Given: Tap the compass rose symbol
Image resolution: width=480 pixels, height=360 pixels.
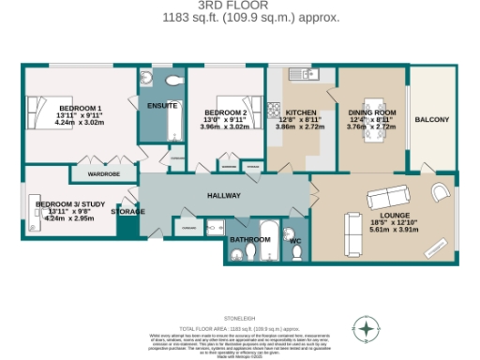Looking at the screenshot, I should tap(367, 328).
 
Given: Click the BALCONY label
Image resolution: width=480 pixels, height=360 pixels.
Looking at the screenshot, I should tap(432, 119).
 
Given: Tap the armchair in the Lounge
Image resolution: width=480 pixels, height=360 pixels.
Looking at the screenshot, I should tap(438, 191).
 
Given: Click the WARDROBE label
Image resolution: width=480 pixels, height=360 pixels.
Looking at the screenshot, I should tap(103, 174).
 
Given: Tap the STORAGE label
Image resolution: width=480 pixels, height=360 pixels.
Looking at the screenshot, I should tap(128, 212).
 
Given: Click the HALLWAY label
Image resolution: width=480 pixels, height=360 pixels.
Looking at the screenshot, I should tap(224, 195).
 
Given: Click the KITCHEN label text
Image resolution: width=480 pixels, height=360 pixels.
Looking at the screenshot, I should tap(288, 112).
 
